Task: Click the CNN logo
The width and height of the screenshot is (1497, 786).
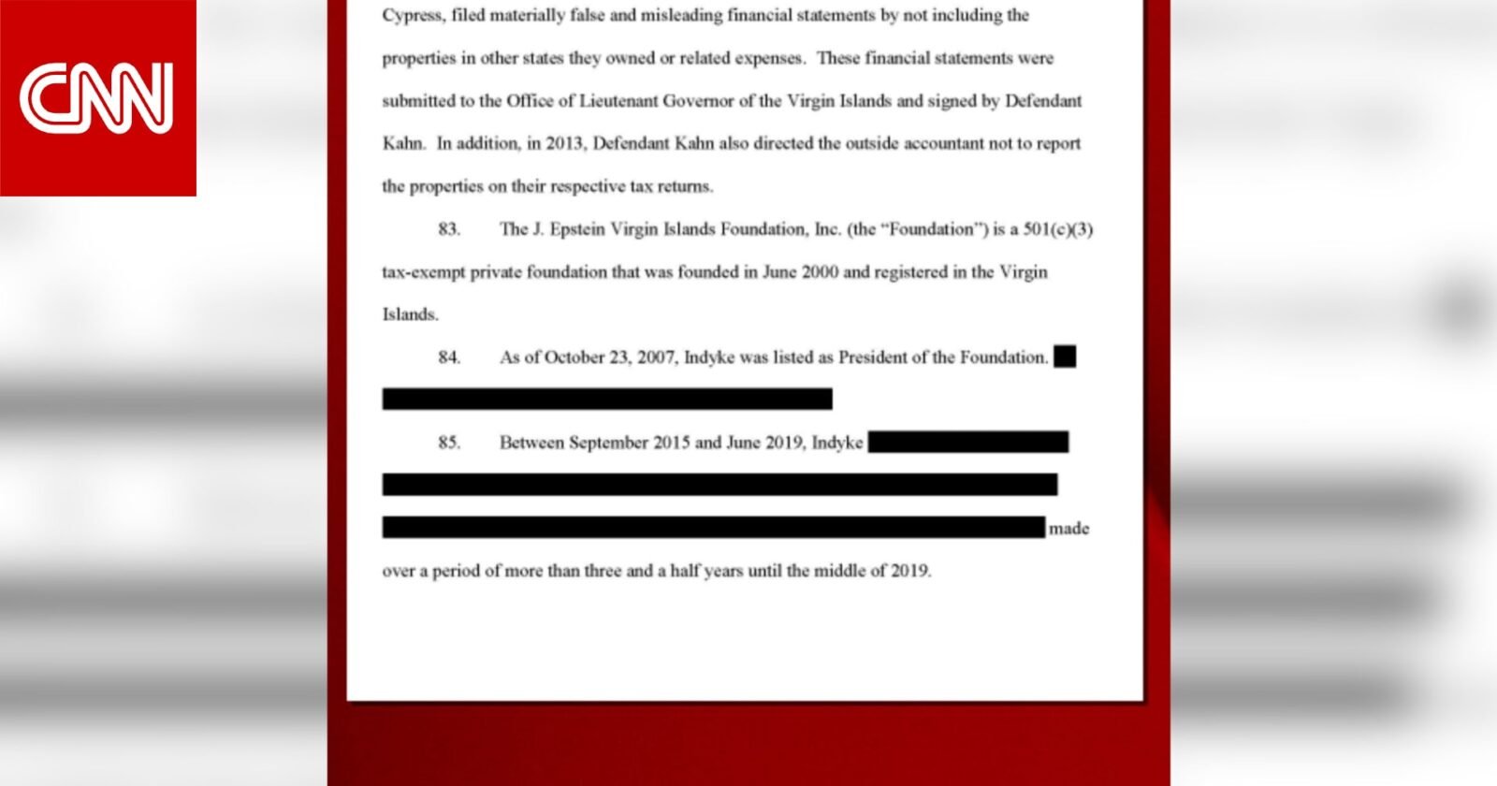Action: pyautogui.click(x=97, y=97)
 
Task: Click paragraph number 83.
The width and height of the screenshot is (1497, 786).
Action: pyautogui.click(x=449, y=229)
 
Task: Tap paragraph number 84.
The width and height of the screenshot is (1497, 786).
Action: pyautogui.click(x=449, y=357)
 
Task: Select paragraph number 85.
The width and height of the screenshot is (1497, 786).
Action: pyautogui.click(x=449, y=443)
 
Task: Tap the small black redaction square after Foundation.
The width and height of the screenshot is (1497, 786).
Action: pyautogui.click(x=1065, y=357)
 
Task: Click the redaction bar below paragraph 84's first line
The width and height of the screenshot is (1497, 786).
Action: pyautogui.click(x=607, y=400)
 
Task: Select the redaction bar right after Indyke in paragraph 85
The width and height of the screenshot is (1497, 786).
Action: pyautogui.click(x=968, y=442)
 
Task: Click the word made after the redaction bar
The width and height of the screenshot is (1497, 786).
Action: pyautogui.click(x=1069, y=529)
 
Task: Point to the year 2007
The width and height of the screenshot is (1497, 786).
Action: pyautogui.click(x=656, y=357)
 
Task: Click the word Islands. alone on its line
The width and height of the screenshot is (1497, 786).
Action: pyautogui.click(x=410, y=314)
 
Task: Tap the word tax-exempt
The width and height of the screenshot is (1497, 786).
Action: pyautogui.click(x=423, y=272)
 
